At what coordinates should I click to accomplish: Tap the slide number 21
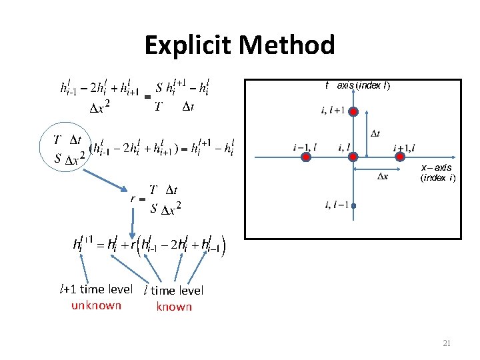tap(447, 343)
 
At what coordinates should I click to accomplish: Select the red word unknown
tap(97, 305)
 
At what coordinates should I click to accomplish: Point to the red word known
tap(174, 307)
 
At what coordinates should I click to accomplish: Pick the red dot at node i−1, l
tap(305, 157)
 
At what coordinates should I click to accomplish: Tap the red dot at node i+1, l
tap(401, 157)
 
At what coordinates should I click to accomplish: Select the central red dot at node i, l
tap(354, 157)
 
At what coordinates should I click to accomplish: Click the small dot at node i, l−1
tap(354, 206)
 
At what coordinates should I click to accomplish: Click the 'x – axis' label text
tap(436, 167)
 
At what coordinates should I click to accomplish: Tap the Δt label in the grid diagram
tap(375, 133)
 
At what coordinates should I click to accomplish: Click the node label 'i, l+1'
tap(333, 110)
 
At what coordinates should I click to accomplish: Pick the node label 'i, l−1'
tap(336, 205)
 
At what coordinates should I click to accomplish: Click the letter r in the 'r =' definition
tap(133, 198)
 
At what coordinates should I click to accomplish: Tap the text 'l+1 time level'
tap(97, 289)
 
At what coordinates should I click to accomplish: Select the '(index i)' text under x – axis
tap(437, 178)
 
